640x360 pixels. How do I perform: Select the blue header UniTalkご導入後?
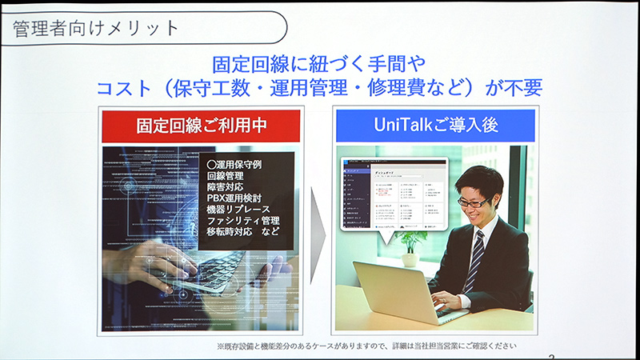434,126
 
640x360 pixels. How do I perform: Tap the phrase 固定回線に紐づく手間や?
318,62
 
